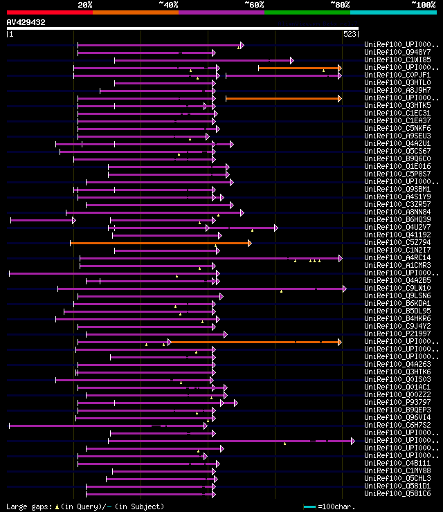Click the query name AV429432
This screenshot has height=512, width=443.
coord(26,22)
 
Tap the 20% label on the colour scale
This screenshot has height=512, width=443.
coord(85,4)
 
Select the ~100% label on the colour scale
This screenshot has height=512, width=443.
coord(424,4)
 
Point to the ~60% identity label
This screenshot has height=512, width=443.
coord(254,4)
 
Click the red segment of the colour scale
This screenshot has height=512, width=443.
coord(49,12)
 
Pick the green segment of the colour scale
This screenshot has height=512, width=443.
coord(307,12)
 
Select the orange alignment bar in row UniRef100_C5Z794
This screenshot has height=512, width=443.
coord(160,243)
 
